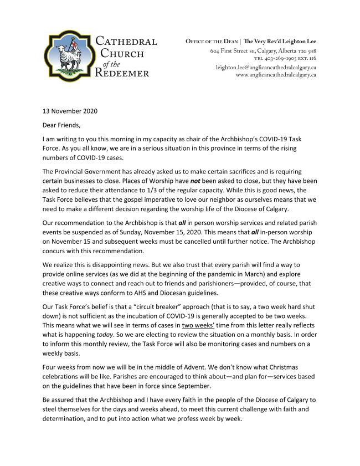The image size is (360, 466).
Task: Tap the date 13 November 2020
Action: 70,111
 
